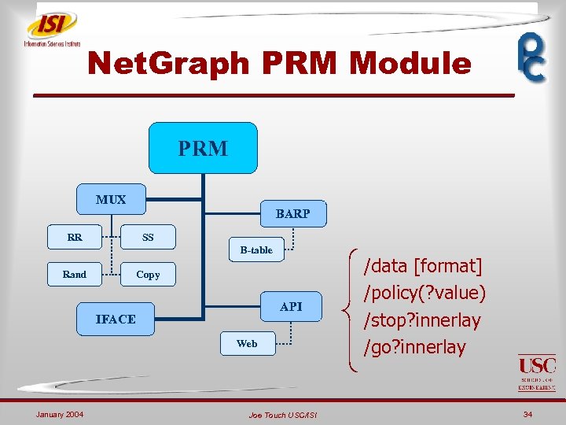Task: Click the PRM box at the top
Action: (x=203, y=148)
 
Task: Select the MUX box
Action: (x=111, y=200)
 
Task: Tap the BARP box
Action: (x=292, y=213)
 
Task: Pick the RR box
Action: (x=75, y=236)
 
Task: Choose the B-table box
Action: (x=256, y=250)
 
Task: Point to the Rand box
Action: (x=75, y=275)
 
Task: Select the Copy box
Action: (x=148, y=275)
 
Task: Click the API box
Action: (x=291, y=306)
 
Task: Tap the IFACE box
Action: (x=116, y=319)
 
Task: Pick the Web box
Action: (x=247, y=343)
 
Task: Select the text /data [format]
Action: (x=422, y=265)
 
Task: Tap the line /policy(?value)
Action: (x=424, y=293)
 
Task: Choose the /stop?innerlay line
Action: (x=421, y=320)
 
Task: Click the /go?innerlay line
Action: (x=414, y=347)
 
